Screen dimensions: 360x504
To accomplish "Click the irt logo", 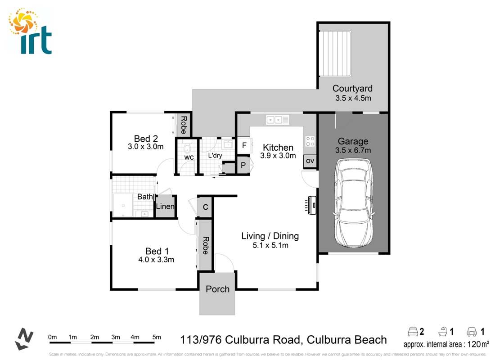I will (x=30, y=31).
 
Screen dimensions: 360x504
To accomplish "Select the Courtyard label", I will (x=352, y=89).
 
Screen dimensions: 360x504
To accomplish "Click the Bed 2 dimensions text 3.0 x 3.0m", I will (x=145, y=147).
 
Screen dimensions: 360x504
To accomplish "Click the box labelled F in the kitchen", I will (x=244, y=145).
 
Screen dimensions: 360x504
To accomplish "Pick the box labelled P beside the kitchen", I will (x=243, y=165).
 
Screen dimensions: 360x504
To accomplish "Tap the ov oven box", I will (x=310, y=161).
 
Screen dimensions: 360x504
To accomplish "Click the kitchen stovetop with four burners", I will (x=310, y=141).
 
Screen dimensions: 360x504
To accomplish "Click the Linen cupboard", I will (x=165, y=207).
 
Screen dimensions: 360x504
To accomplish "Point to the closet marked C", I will (x=205, y=207).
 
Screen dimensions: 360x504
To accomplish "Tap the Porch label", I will (x=217, y=289).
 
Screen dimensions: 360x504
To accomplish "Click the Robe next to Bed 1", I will (x=206, y=246).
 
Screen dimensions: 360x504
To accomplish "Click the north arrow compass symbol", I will (x=24, y=339).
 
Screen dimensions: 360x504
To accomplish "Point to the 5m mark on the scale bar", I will (x=157, y=337).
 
